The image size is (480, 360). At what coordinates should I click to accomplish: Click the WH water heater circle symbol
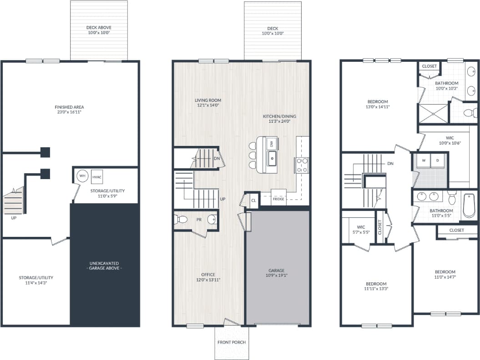[82, 176]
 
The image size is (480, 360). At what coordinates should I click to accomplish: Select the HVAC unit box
[96, 177]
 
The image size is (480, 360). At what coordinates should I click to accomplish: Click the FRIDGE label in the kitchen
[278, 199]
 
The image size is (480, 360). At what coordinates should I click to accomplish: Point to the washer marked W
[423, 160]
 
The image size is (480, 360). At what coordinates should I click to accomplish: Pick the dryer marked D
[438, 160]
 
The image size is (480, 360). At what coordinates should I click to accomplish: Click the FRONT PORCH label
[232, 342]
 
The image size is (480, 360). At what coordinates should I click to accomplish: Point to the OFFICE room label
[208, 275]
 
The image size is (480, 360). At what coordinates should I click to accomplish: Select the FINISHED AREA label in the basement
[69, 107]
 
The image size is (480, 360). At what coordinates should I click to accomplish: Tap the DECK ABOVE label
[99, 28]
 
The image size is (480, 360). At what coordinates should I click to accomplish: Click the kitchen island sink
[273, 159]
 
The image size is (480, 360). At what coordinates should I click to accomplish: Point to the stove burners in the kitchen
[302, 165]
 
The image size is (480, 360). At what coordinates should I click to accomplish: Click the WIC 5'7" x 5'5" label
[361, 229]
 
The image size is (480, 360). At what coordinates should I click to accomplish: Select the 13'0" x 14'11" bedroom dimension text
[378, 107]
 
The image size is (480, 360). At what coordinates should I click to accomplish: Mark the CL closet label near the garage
[253, 200]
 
